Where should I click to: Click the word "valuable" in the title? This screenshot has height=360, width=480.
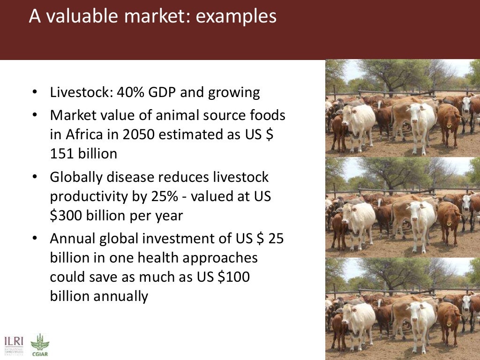90,16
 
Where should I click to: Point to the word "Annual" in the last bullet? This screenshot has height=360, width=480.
73,239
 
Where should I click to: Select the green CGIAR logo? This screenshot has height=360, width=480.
39,345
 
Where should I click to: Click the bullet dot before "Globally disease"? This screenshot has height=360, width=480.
35,178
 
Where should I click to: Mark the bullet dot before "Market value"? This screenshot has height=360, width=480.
35,115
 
